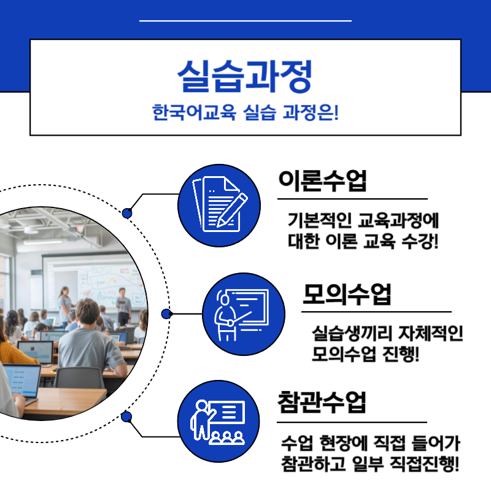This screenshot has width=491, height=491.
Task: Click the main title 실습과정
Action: click(245, 75)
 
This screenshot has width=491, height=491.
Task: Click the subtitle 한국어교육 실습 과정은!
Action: click(245, 114)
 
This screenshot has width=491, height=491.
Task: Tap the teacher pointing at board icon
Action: click(244, 314)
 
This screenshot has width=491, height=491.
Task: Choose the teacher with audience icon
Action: click(219, 422)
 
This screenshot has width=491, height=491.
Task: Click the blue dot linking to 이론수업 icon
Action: click(127, 213)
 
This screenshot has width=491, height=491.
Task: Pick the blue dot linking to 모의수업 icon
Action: click(166, 314)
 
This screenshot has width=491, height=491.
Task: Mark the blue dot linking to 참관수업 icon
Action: click(127, 417)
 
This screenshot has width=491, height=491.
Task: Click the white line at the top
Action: click(245, 21)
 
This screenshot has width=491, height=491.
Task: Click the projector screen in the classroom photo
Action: click(92, 276)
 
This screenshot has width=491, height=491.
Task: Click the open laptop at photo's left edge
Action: click(18, 381)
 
